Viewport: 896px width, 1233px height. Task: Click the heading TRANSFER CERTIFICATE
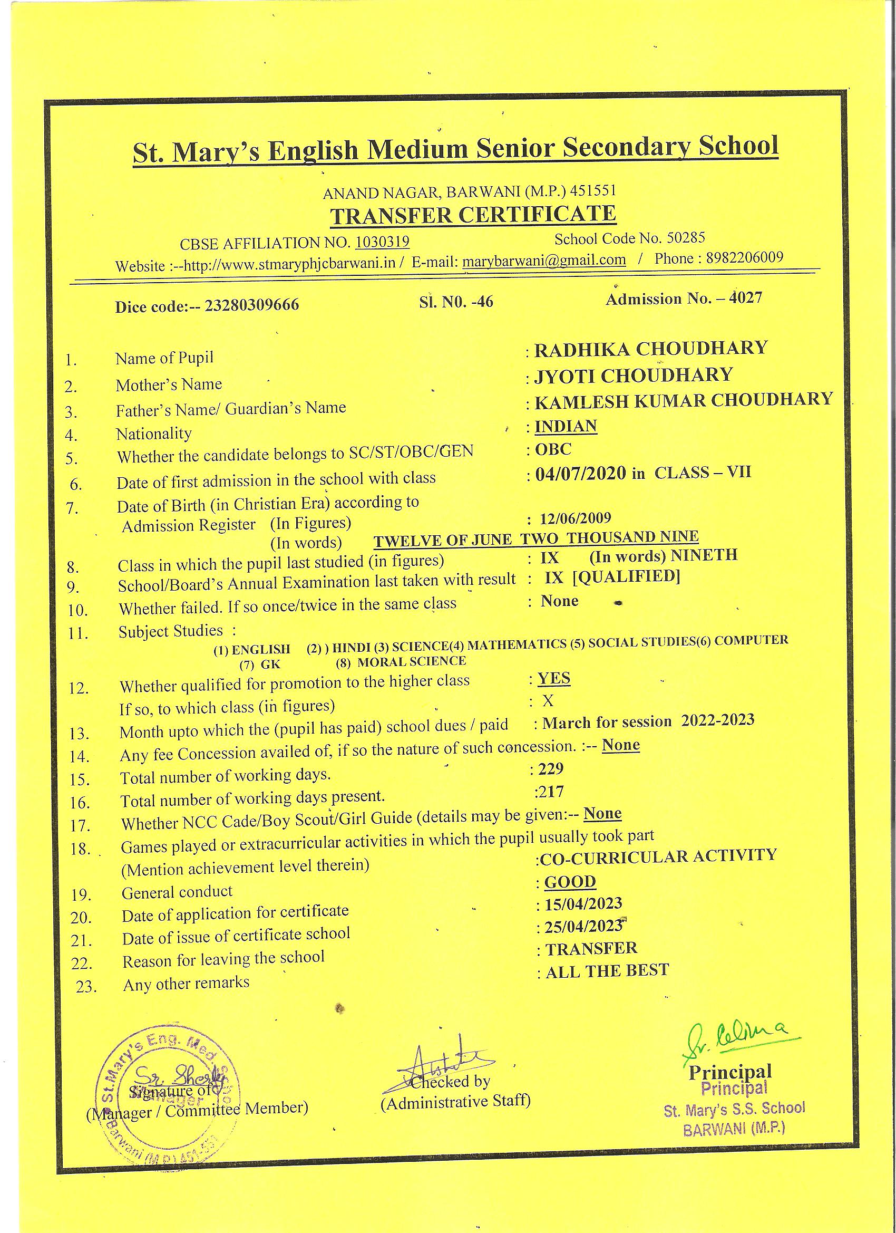[x=473, y=215]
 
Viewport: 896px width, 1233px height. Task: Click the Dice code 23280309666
[x=251, y=305]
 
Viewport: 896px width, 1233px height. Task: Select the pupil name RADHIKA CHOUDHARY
[x=650, y=349]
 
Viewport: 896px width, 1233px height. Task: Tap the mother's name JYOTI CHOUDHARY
[x=634, y=375]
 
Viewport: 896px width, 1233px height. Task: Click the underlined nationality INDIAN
[x=566, y=426]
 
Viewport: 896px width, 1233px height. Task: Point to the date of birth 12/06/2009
[x=576, y=517]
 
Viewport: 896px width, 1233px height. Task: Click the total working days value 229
[x=550, y=768]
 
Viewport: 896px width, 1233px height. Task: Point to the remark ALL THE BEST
[x=607, y=970]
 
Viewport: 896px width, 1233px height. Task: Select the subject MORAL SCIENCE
[x=411, y=661]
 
